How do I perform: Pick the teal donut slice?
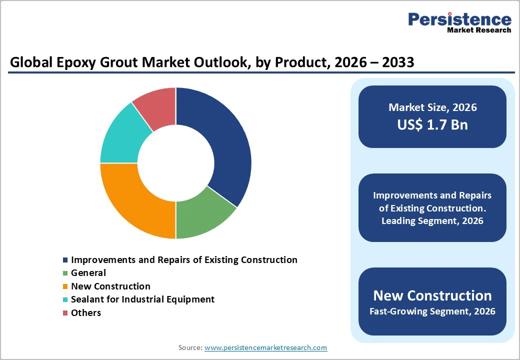point(122,137)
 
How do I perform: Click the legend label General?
point(88,273)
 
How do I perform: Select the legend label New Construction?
point(110,286)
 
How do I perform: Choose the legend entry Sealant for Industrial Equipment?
point(142,299)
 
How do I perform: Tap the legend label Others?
point(86,313)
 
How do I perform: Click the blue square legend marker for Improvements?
point(65,260)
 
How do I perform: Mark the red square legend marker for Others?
point(65,313)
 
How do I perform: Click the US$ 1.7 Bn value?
point(432,124)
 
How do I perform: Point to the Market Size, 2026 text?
point(432,107)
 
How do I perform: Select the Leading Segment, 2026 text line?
point(432,220)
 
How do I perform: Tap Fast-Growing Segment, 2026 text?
point(432,311)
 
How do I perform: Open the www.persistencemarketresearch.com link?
point(265,347)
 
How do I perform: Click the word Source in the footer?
point(190,347)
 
